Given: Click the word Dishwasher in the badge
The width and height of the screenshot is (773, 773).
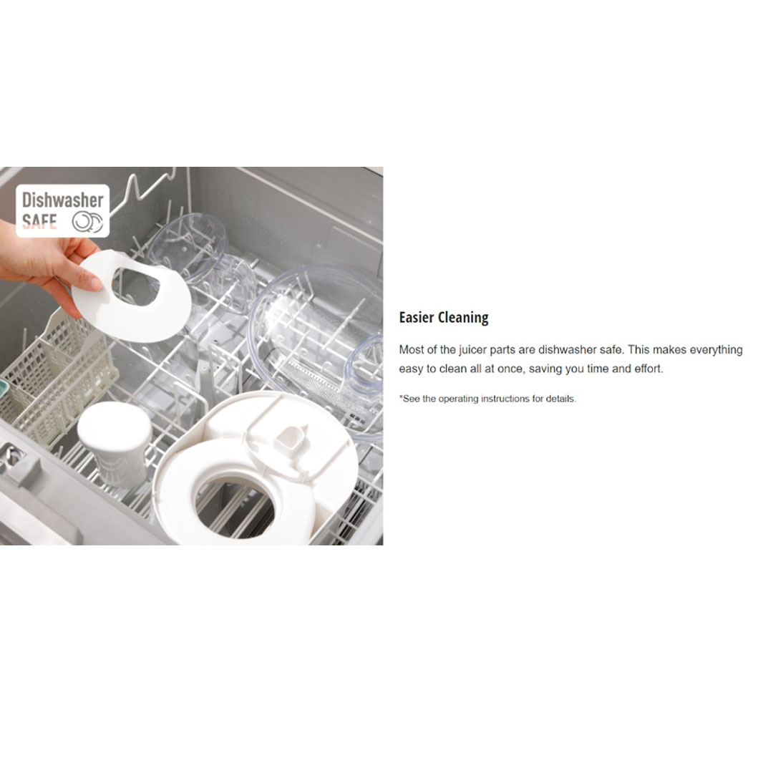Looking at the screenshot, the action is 62,200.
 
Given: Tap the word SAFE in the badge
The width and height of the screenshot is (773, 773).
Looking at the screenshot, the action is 39,221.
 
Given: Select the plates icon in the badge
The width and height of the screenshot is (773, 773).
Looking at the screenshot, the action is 88,221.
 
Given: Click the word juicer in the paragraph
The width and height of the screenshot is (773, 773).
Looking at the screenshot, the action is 473,349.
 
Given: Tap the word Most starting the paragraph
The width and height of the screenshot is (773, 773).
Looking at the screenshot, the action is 411,349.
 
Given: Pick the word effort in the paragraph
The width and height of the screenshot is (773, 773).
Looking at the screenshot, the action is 647,369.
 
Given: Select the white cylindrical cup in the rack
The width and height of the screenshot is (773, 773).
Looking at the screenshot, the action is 115,443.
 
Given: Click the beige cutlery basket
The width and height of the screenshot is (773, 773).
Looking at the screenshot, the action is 59,379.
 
